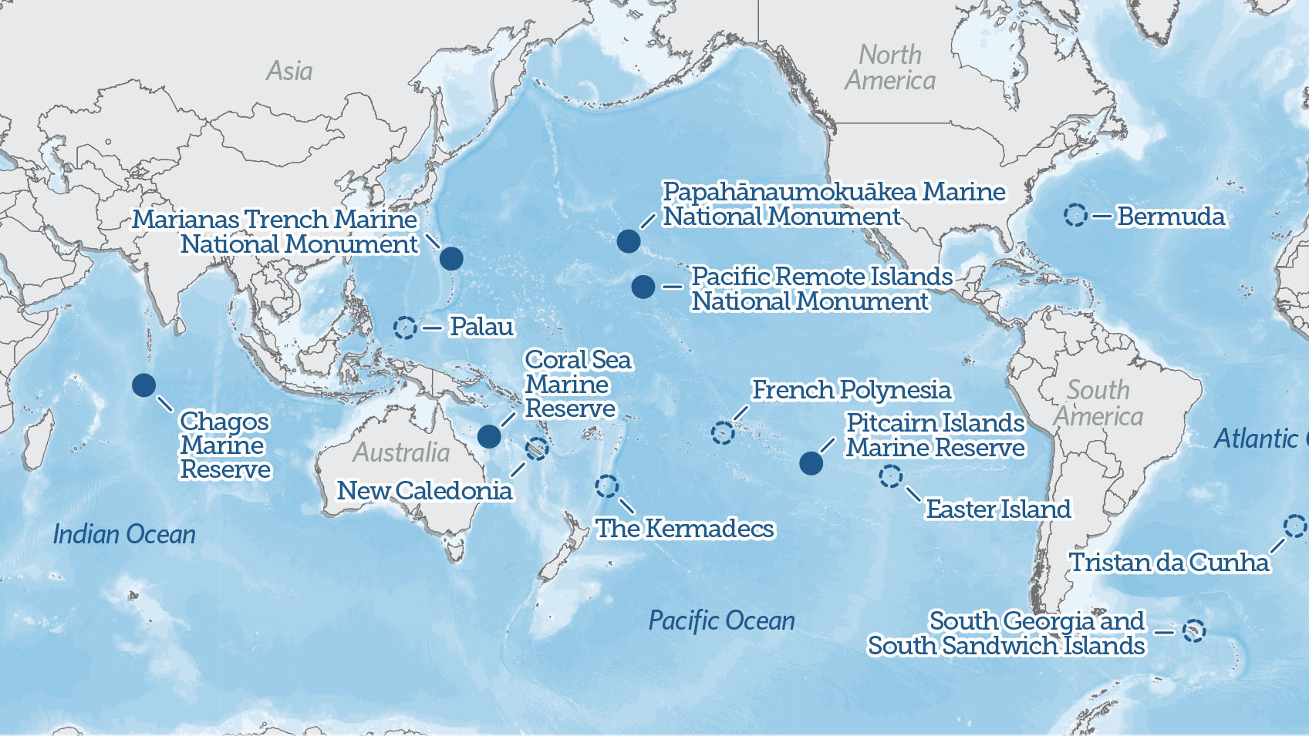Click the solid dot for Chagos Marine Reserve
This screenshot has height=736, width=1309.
(143, 385)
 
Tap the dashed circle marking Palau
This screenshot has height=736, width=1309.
(405, 328)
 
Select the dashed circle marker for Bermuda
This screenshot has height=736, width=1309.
(1075, 215)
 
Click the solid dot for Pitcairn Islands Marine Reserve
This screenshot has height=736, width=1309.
(811, 463)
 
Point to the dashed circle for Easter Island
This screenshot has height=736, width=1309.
(890, 476)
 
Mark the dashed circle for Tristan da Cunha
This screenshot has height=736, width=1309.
(1295, 526)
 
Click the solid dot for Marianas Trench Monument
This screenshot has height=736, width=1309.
(451, 258)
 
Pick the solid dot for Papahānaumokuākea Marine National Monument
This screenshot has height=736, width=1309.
(629, 241)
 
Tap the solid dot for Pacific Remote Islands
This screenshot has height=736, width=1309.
(643, 287)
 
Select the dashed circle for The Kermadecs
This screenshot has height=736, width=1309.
(606, 486)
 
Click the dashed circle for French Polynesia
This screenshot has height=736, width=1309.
(723, 433)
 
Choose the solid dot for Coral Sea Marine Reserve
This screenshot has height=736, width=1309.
(489, 436)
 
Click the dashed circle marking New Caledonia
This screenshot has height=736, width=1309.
(537, 448)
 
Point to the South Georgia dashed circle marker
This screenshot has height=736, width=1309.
(1194, 631)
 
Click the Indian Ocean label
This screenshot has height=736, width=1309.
(124, 534)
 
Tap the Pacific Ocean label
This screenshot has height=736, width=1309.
(721, 620)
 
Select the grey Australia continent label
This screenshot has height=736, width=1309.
(401, 452)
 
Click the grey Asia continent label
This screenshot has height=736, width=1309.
(289, 71)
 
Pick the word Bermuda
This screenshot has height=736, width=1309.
(1170, 217)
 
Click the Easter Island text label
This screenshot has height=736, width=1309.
(998, 509)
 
